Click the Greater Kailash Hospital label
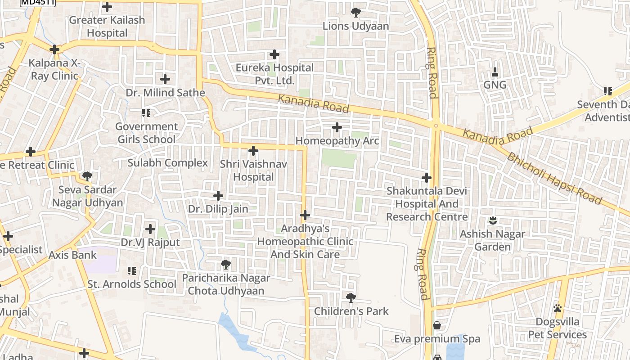pos(107,27)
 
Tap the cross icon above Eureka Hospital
pos(274,55)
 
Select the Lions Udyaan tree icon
pos(355,12)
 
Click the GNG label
pos(495,85)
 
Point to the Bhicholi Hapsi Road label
pos(554,178)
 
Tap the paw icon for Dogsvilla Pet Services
pos(558,308)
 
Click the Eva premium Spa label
pos(437,339)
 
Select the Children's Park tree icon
pos(351,297)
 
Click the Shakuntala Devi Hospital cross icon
pos(427,178)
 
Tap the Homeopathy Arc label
pos(337,141)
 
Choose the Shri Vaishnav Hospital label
pos(253,171)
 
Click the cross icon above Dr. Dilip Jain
pos(218,196)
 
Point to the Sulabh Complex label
pos(167,162)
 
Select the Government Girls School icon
pos(146,113)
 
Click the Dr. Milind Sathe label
pos(165,93)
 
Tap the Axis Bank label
pos(72,255)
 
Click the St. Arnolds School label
pos(132,284)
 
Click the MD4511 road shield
pos(38,2)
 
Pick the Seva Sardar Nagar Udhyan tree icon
pos(87,176)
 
